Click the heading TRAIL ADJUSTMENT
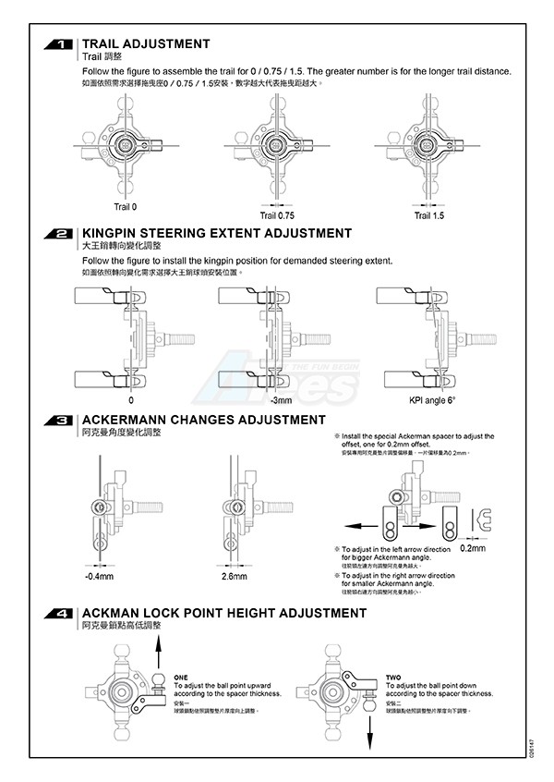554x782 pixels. [x=146, y=43]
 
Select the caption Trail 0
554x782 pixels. [x=126, y=206]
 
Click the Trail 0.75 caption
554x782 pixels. [x=277, y=215]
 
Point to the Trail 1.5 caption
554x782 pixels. [x=428, y=215]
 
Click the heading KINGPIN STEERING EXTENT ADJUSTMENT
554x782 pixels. [x=217, y=233]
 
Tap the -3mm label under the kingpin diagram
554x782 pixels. [x=282, y=400]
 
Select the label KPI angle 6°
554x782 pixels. [x=432, y=400]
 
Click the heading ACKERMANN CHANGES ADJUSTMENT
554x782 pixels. [x=204, y=420]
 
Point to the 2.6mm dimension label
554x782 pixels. [x=235, y=577]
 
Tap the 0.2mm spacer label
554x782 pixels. [x=472, y=548]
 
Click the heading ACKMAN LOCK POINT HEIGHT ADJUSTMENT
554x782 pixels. [x=224, y=613]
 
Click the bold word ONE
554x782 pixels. [x=181, y=677]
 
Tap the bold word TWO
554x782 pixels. [x=393, y=677]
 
